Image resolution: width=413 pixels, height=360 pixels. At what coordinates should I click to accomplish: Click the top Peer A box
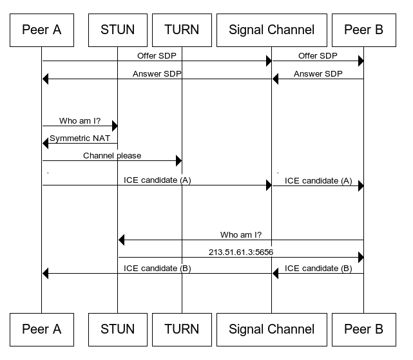(x=41, y=30)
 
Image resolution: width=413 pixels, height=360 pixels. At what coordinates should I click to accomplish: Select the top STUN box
(x=117, y=30)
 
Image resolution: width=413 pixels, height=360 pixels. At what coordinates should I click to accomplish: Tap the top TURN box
(x=182, y=30)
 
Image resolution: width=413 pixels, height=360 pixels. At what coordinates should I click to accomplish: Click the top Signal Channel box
(x=271, y=30)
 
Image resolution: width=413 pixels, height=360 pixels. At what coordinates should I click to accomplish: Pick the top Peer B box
(x=363, y=30)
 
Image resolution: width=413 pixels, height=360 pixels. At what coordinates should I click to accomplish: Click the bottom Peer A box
(x=41, y=329)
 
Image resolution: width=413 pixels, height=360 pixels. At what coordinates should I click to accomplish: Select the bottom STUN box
(x=117, y=329)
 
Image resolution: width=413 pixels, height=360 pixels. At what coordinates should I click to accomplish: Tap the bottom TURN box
(x=182, y=329)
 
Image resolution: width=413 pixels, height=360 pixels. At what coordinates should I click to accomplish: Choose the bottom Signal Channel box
(x=271, y=329)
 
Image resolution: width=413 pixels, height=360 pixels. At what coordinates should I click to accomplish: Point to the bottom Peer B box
(x=363, y=329)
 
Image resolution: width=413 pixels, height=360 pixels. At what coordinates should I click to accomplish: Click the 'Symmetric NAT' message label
(x=80, y=138)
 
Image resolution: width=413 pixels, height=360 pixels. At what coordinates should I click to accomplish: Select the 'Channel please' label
(x=112, y=155)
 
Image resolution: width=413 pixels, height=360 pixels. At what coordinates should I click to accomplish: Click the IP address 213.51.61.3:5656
(x=241, y=252)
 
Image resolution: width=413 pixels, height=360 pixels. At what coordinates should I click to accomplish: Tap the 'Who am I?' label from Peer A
(x=80, y=120)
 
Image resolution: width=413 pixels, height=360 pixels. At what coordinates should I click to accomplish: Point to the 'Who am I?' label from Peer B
(x=241, y=234)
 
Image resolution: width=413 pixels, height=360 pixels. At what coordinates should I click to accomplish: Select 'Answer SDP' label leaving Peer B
(x=318, y=74)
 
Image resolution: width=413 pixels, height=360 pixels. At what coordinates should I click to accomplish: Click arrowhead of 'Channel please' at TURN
(x=178, y=160)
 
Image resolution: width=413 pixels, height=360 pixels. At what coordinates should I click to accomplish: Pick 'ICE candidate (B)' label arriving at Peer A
(x=157, y=268)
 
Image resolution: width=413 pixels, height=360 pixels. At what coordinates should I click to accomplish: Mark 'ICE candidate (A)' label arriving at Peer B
(x=318, y=181)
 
